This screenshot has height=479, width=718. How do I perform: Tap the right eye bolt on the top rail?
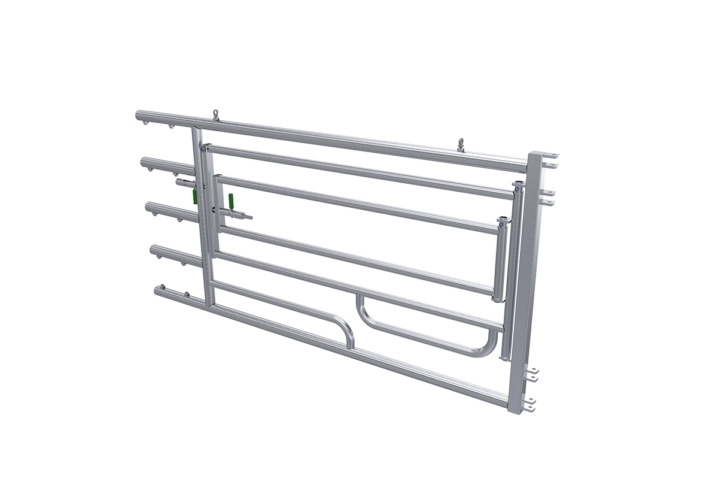462,143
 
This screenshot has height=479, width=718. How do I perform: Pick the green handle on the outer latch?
194,196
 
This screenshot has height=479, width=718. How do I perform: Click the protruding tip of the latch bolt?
250,217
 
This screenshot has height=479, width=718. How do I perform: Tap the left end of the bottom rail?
157,290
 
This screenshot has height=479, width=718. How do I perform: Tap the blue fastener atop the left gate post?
204,149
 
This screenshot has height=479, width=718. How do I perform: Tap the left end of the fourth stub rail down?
153,248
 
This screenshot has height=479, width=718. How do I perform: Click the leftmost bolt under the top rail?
145,123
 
